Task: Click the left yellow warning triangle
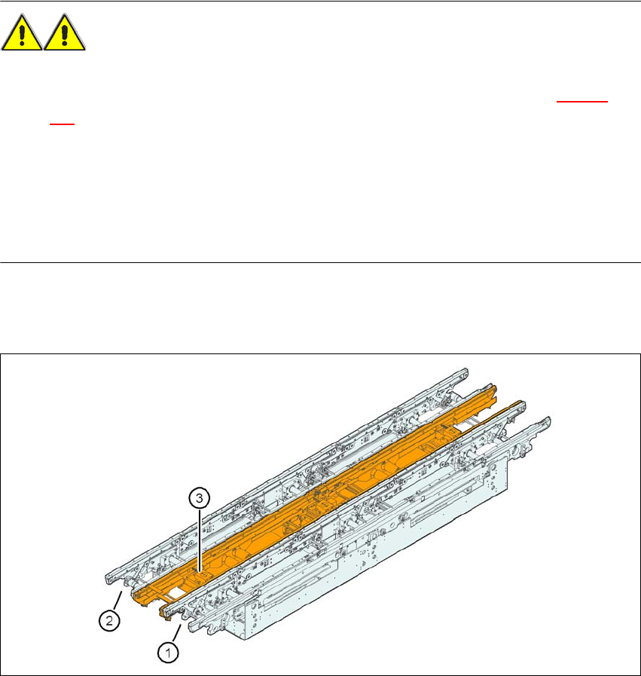click(x=22, y=33)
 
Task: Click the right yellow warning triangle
click(x=65, y=33)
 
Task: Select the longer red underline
click(x=582, y=102)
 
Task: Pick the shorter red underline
click(x=62, y=124)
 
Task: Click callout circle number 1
click(x=168, y=653)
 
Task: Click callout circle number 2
click(x=109, y=621)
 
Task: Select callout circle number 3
click(x=199, y=498)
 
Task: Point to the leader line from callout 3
click(x=199, y=541)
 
